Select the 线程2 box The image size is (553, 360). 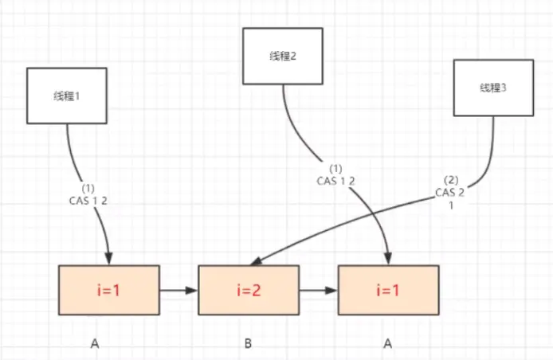[283, 56]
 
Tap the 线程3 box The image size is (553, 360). [492, 88]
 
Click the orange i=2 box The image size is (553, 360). [249, 290]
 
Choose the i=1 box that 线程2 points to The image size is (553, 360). [389, 290]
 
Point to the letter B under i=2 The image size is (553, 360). [249, 345]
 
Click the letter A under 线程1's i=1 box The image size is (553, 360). [96, 345]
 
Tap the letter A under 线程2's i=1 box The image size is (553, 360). [389, 345]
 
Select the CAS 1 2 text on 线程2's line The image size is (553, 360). [335, 180]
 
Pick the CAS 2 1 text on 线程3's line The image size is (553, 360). [451, 198]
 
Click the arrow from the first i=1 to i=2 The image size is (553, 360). [178, 291]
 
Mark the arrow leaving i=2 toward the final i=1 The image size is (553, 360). [319, 291]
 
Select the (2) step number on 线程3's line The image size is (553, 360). [451, 181]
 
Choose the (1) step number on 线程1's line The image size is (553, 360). [89, 188]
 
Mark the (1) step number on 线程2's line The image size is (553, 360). [335, 168]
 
